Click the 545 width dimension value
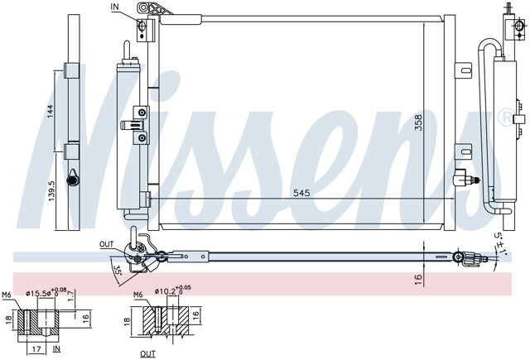(x=301, y=193)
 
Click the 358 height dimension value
(x=418, y=123)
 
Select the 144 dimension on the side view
(x=50, y=111)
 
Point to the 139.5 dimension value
(x=51, y=191)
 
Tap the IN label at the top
(x=115, y=7)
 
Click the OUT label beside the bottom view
(x=107, y=244)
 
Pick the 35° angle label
(x=117, y=271)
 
